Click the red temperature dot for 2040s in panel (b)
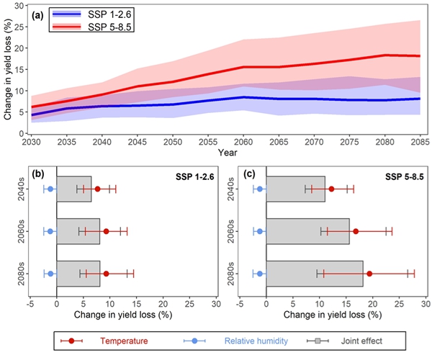coord(97,189)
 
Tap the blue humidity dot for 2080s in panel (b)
coord(50,274)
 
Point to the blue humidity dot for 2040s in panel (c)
coord(260,189)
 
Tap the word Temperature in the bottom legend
coord(125,340)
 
